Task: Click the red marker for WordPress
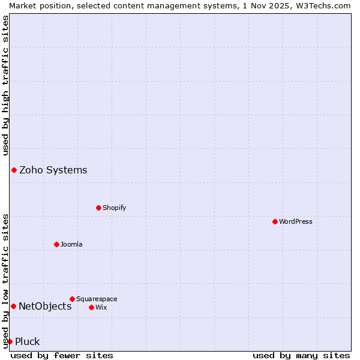click(x=275, y=221)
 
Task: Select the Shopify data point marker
click(x=98, y=208)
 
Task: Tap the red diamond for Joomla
click(x=56, y=244)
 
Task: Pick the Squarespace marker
click(x=72, y=299)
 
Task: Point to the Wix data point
click(x=91, y=307)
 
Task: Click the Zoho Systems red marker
click(x=14, y=170)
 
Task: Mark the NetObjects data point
click(x=13, y=306)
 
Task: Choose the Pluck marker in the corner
click(x=10, y=341)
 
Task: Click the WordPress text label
click(x=296, y=221)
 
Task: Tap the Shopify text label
click(x=115, y=208)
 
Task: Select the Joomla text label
click(x=71, y=244)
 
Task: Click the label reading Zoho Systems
click(x=53, y=170)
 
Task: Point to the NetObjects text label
click(x=45, y=306)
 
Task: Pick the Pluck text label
click(x=28, y=341)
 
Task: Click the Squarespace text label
click(x=97, y=299)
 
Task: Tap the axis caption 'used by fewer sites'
click(x=62, y=355)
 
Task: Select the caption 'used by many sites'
click(x=301, y=355)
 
